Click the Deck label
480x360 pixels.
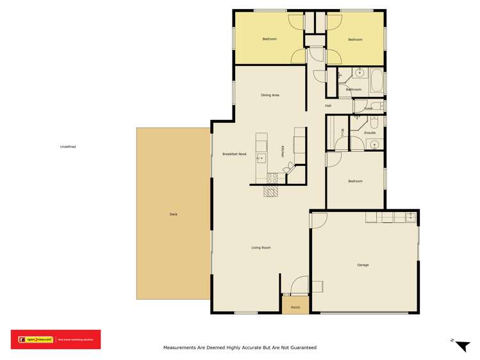[x=173, y=214]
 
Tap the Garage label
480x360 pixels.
[x=363, y=265]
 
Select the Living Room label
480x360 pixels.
[x=261, y=247]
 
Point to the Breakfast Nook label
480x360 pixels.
[x=235, y=154]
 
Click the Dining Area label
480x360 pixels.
[x=270, y=95]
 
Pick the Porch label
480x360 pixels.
[x=295, y=307]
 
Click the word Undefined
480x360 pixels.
[x=68, y=147]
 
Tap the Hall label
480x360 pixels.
[x=328, y=106]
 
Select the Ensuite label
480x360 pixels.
[x=370, y=133]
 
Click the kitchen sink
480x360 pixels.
[x=261, y=158]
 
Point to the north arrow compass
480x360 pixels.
[x=460, y=345]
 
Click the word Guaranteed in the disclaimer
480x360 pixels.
[x=301, y=348]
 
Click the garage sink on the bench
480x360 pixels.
[x=410, y=218]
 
